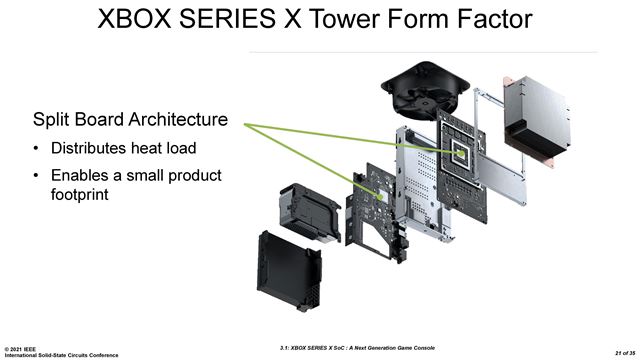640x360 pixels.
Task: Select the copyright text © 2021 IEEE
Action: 27,346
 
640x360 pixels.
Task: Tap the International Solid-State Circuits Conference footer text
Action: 60,354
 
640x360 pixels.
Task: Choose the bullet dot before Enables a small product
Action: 36,177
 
